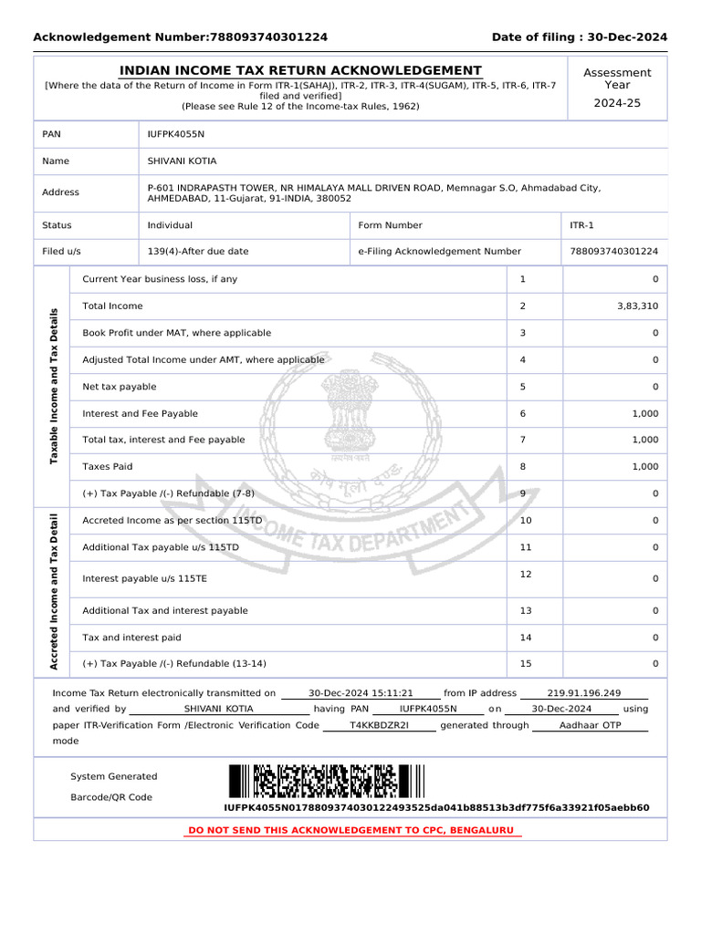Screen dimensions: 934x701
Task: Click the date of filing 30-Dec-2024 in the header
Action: coord(623,37)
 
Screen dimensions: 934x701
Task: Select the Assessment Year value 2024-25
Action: coord(617,103)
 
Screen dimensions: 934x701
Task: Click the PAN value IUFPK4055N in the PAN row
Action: coord(176,134)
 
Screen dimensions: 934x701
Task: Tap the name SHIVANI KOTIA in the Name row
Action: coord(183,161)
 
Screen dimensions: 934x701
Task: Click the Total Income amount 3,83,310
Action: coord(637,306)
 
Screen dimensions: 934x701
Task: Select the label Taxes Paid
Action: coord(108,467)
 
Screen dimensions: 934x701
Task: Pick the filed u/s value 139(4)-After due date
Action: coord(198,252)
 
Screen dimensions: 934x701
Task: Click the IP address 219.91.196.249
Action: coord(583,693)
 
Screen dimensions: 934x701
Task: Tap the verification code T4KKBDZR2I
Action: coord(380,725)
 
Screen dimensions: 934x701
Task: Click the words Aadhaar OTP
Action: coord(590,725)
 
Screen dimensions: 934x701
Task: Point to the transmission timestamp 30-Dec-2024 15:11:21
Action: coord(361,693)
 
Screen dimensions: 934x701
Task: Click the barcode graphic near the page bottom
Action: coord(327,782)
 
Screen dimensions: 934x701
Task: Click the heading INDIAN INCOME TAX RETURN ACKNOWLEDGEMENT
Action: coord(301,71)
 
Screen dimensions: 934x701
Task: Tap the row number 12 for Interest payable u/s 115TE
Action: coord(525,574)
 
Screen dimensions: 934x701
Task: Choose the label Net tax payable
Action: coord(120,387)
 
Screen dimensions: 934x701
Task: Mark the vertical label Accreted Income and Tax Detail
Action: coord(54,593)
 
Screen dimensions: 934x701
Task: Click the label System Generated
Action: coord(114,777)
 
